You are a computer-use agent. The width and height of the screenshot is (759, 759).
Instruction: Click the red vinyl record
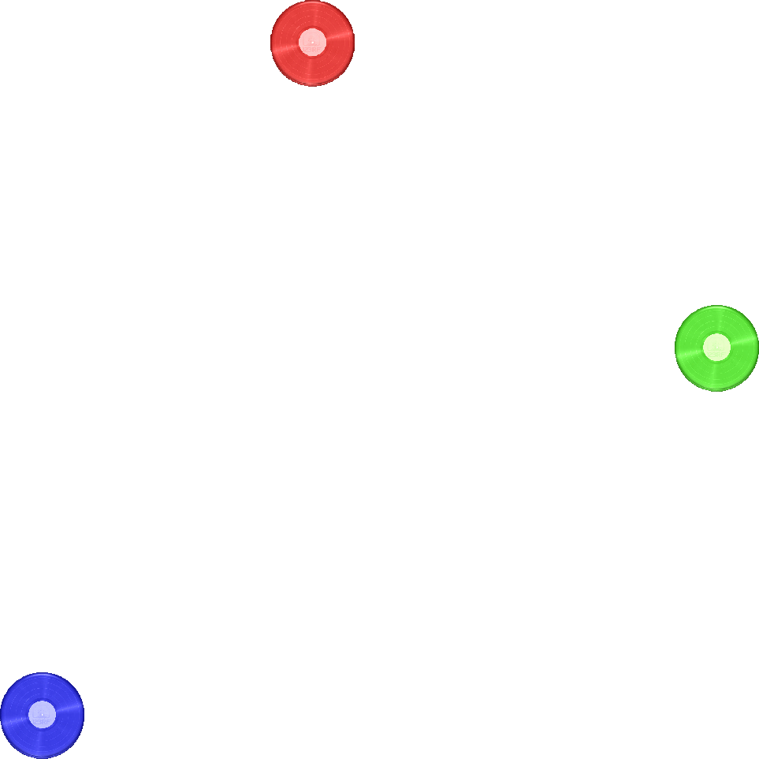tap(312, 43)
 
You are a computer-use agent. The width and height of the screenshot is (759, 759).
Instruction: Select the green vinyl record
tap(716, 348)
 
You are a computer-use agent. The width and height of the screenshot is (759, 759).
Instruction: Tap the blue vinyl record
tap(42, 715)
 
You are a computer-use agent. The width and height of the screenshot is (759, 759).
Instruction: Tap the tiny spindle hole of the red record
tap(312, 43)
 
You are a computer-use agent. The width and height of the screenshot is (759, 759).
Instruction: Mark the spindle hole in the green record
tap(716, 348)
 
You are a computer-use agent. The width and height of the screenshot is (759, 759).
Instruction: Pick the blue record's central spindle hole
tap(42, 715)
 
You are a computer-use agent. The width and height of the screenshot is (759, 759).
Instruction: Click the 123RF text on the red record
tap(312, 47)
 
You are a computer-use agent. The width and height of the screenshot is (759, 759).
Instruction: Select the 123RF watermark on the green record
tap(716, 352)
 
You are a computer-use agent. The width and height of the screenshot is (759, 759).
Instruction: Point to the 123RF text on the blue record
tap(42, 720)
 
